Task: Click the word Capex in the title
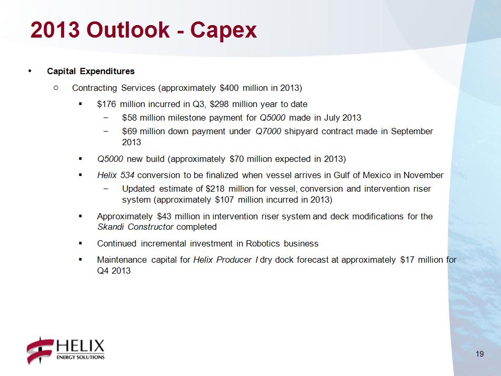223,31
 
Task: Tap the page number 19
480,354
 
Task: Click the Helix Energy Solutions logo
66,350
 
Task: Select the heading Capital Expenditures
91,71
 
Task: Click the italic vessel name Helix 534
116,175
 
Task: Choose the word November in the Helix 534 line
423,175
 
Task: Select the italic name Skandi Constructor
135,227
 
